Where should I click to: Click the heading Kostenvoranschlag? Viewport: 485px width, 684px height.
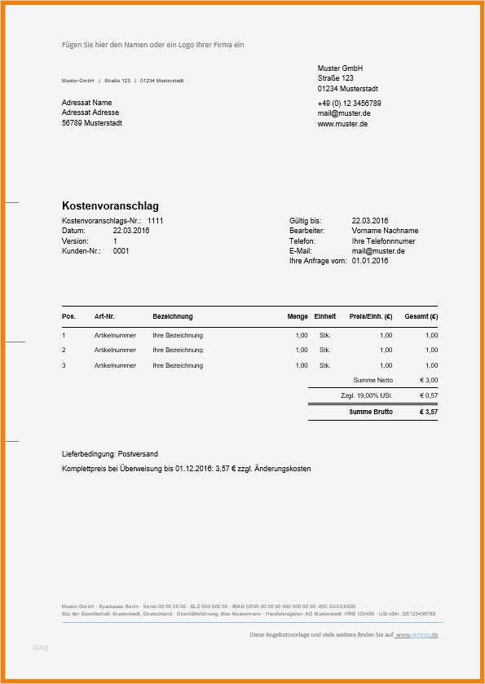pos(110,206)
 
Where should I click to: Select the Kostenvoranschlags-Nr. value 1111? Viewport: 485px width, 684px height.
pos(155,221)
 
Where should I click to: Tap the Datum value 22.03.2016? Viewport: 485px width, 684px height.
pos(131,231)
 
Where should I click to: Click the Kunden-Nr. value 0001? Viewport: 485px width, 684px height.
pos(121,251)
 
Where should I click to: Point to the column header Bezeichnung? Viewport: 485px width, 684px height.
pos(172,316)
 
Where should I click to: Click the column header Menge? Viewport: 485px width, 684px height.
pos(298,316)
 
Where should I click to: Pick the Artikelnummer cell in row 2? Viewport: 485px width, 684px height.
pos(115,350)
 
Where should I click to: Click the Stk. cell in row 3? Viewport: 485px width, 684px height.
pos(324,365)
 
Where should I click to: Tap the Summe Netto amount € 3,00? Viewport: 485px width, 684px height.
pos(429,380)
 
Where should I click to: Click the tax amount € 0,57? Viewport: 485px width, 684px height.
pos(429,395)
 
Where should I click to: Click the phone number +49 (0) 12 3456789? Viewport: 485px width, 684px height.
pos(349,104)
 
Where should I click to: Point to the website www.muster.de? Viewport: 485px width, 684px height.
pos(342,124)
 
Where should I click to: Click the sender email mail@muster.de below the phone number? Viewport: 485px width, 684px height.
pos(344,114)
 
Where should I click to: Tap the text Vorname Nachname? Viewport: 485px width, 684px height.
pos(385,231)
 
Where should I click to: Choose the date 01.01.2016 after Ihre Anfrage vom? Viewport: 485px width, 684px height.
pos(370,261)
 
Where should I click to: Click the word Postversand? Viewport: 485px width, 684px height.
pos(138,453)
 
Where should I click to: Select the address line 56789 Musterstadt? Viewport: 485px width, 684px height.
pos(92,123)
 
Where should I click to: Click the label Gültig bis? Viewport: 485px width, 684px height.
pos(305,221)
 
